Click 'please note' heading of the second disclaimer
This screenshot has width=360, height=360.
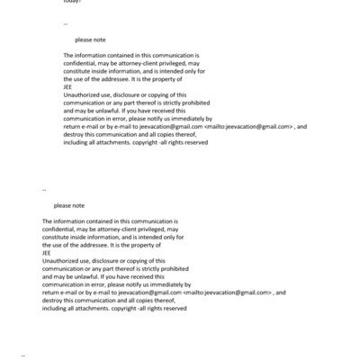pos(69,205)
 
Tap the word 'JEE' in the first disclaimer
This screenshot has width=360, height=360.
pos(69,86)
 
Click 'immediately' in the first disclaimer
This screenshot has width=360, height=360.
pos(193,119)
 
